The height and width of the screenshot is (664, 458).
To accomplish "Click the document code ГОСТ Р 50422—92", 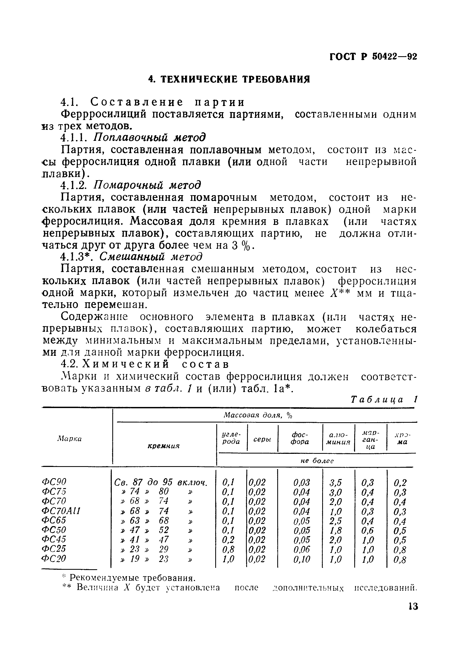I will pos(373,57).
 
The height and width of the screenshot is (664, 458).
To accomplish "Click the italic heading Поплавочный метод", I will pos(149,138).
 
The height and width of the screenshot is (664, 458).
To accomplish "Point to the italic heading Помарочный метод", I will pos(147,185).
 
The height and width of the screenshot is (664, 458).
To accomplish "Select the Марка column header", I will pos(70,439).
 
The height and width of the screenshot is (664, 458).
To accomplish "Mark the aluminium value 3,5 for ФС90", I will pos(336,482).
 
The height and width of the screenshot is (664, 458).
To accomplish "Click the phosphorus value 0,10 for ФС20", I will pos(302,559).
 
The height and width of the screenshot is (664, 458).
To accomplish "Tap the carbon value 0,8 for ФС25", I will pos(228,549).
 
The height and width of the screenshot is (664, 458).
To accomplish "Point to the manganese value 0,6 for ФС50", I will pos(368,530).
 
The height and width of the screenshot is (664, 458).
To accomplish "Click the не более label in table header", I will pos(317,461).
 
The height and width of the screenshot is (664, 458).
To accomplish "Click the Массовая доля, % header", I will pos(257,415).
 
